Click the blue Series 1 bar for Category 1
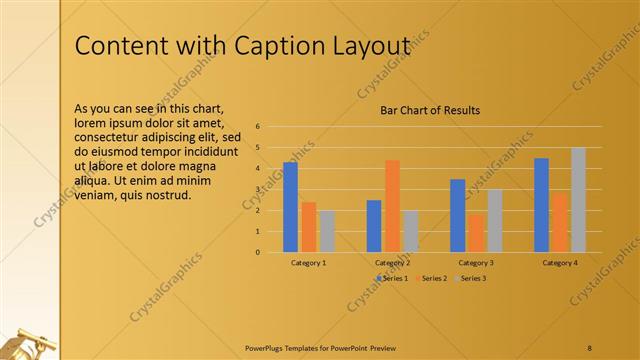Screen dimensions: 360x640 [290, 207]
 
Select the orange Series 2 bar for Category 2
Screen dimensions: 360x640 [392, 206]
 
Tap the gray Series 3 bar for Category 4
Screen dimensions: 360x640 [578, 200]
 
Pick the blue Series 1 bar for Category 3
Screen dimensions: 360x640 [457, 215]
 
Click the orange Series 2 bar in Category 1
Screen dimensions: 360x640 [309, 227]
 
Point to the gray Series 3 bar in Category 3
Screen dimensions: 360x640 [494, 220]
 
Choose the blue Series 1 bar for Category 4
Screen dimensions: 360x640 [541, 205]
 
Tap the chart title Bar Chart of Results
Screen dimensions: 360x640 [430, 110]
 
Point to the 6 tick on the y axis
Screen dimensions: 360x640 [258, 127]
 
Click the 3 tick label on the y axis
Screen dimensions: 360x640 [258, 189]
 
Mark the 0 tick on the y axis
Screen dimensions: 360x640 [258, 252]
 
